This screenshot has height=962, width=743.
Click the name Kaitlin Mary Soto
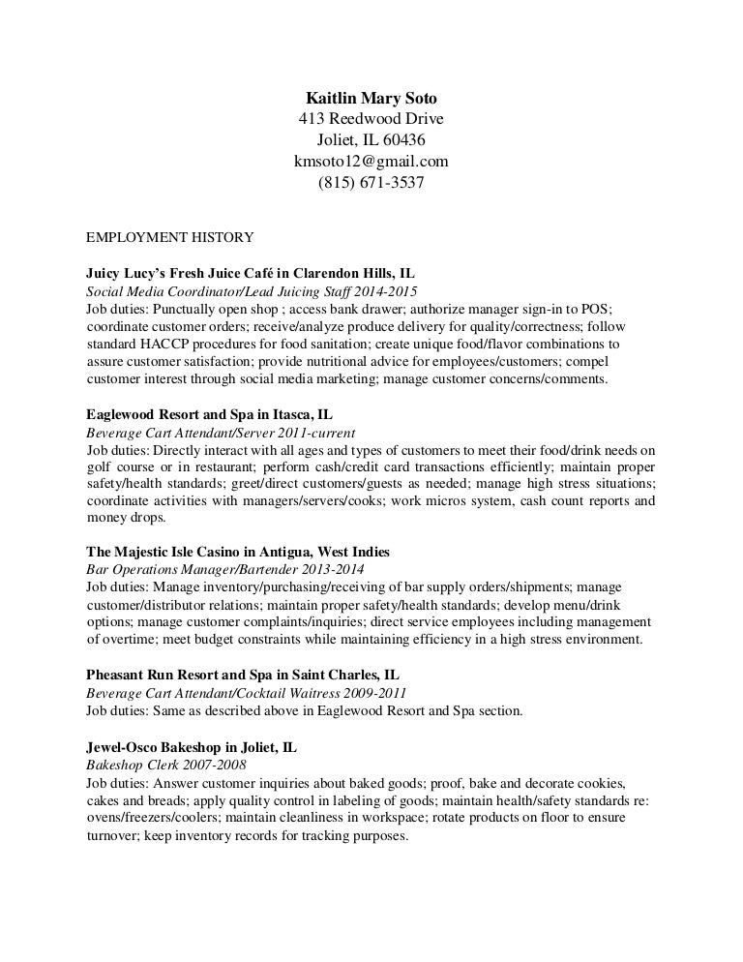tap(371, 99)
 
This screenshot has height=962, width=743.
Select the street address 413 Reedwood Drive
tap(371, 119)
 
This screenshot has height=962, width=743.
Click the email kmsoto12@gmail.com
tap(371, 161)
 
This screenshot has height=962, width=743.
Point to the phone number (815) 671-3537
tap(371, 182)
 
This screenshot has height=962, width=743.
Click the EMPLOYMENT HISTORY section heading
tap(170, 236)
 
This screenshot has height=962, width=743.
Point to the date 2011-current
tap(316, 432)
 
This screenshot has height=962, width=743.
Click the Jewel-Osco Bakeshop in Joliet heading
tap(192, 746)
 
